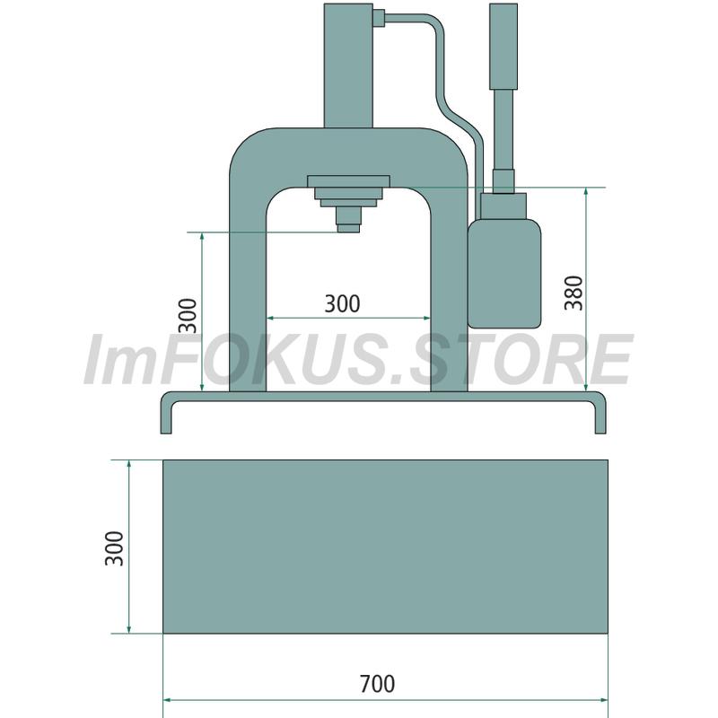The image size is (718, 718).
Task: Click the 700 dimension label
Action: [x=377, y=684]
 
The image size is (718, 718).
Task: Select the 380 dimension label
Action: [x=574, y=293]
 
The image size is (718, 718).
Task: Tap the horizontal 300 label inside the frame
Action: [x=342, y=303]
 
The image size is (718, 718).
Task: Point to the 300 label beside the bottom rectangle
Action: [x=114, y=548]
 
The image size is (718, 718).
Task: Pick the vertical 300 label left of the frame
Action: [x=188, y=316]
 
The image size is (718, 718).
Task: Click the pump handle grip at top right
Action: [x=503, y=47]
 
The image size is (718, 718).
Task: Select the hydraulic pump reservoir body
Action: [x=504, y=274]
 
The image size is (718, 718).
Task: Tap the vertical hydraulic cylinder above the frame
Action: [x=348, y=66]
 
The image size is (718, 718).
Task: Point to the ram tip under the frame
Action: [x=348, y=228]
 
